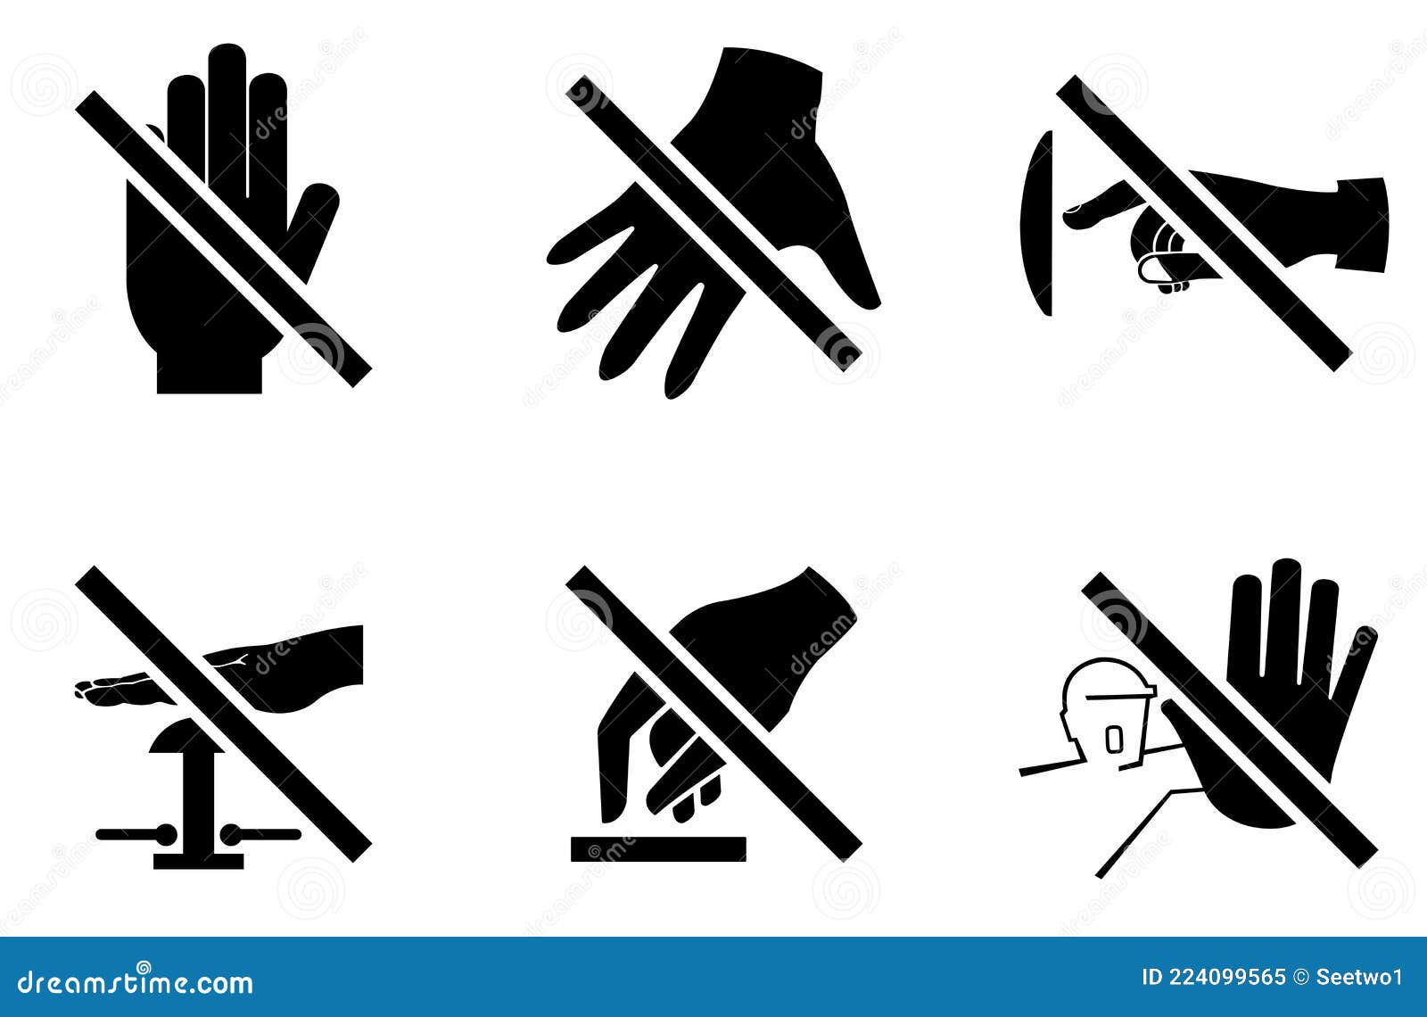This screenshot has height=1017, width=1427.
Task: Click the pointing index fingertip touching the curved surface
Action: (1074, 211)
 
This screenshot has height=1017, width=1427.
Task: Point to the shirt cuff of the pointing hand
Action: (1362, 224)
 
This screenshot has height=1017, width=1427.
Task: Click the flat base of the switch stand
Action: (198, 861)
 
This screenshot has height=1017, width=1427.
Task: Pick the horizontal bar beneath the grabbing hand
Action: (658, 849)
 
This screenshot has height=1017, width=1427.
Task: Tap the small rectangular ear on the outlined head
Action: (1113, 738)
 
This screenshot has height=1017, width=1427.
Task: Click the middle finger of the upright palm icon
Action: (227, 107)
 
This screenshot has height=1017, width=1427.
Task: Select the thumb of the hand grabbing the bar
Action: (615, 758)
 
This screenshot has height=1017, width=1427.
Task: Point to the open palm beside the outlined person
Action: (1284, 696)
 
